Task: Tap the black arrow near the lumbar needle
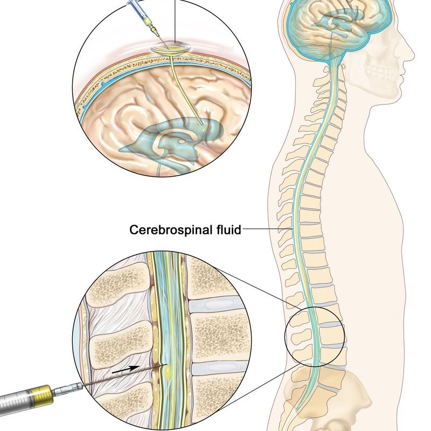[126, 370]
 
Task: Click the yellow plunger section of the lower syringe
[41, 397]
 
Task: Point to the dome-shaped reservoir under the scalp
[171, 47]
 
